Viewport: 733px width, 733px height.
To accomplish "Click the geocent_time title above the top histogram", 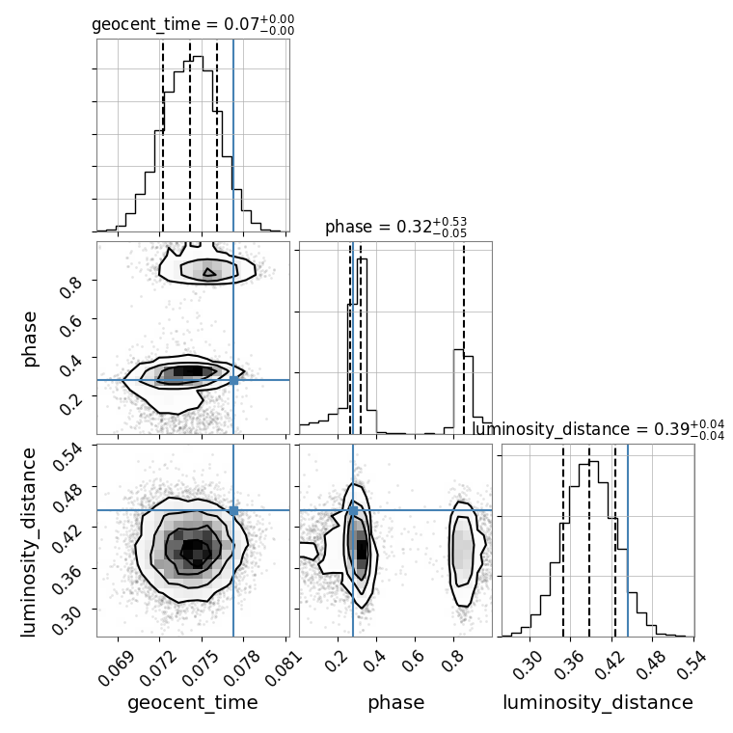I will coord(193,25).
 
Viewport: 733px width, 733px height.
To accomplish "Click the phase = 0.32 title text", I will coord(395,228).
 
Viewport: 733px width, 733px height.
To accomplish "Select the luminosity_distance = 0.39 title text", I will coord(598,429).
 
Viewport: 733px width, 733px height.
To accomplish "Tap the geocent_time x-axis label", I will coord(193,703).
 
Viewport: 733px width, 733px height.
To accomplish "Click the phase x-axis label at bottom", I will coord(395,703).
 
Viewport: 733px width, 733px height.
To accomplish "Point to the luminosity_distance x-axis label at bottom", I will coord(598,703).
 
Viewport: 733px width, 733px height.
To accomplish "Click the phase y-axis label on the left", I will coord(30,338).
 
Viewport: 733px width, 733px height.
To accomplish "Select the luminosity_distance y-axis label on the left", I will coord(30,540).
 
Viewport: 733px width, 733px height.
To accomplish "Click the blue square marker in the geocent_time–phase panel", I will coord(233,380).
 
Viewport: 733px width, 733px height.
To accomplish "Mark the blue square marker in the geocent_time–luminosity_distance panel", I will coord(233,510).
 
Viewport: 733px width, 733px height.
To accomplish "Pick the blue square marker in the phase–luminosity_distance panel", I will coord(353,510).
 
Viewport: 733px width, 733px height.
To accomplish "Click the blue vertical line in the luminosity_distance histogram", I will coord(628,540).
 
